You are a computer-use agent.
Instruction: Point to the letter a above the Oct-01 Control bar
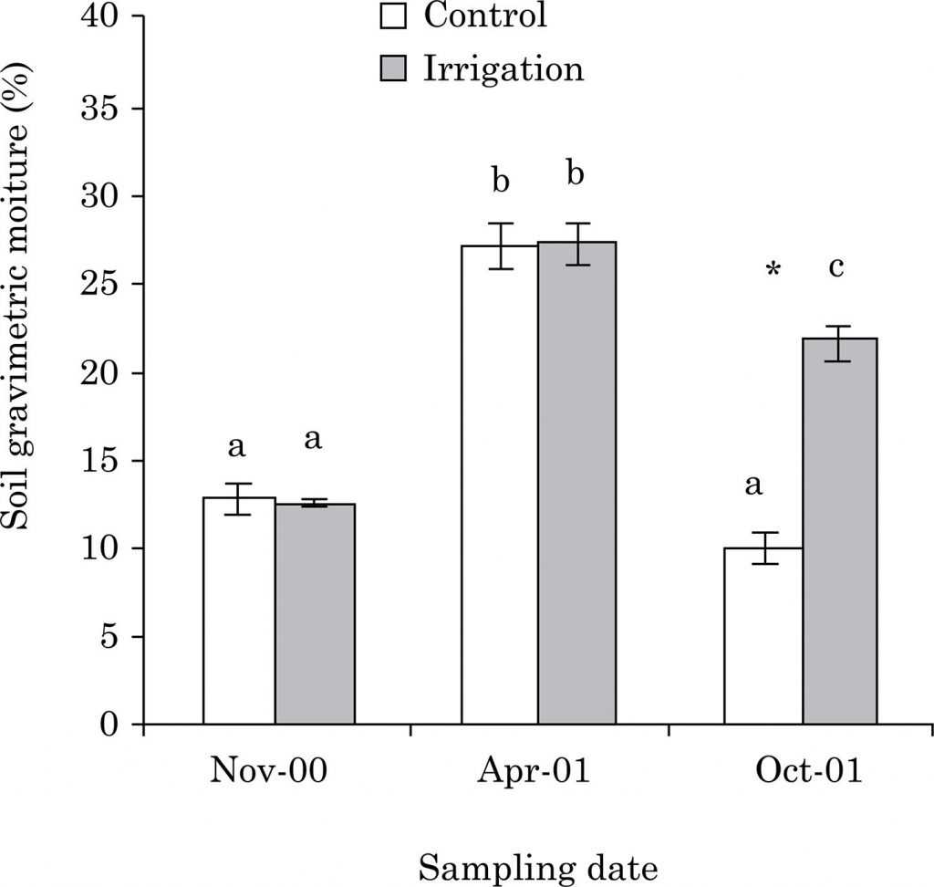click(753, 485)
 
